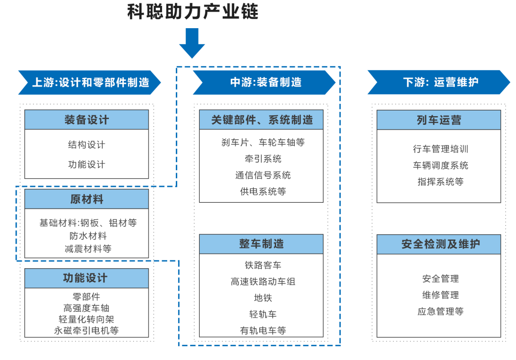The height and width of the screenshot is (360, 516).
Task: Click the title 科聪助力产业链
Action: (192, 11)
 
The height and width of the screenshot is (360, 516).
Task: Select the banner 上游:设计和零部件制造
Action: (90, 82)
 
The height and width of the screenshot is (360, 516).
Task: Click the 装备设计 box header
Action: (86, 120)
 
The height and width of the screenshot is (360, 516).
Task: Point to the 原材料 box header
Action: (86, 199)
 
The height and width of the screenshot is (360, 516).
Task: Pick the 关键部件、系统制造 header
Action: (261, 120)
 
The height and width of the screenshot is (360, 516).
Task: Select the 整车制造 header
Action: (261, 244)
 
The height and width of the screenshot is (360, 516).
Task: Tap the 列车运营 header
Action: (439, 120)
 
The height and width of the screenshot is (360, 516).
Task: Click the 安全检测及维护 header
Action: (439, 244)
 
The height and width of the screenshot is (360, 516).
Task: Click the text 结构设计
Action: (86, 145)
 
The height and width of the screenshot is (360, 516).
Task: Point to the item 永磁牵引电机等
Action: (86, 330)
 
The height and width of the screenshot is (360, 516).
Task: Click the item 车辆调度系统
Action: (441, 165)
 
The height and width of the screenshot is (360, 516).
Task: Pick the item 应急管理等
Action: (441, 311)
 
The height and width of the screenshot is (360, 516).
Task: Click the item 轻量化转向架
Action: (86, 319)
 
